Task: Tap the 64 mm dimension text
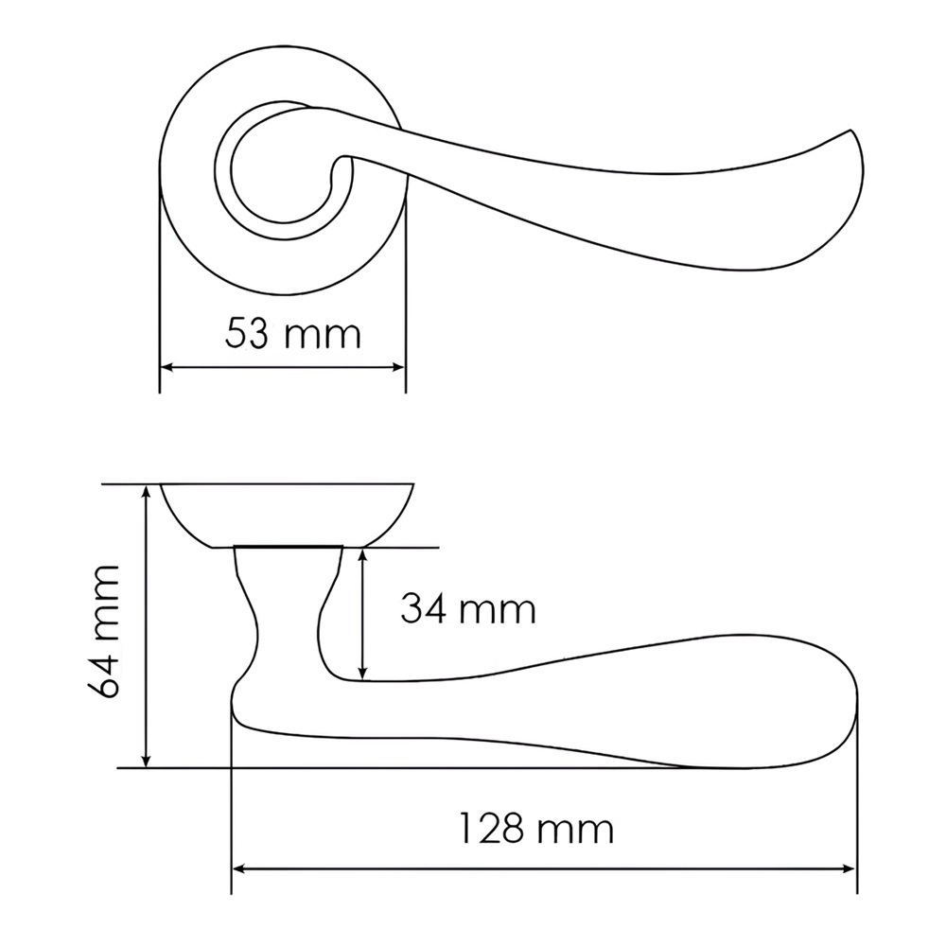(102, 632)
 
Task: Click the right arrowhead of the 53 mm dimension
(397, 367)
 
